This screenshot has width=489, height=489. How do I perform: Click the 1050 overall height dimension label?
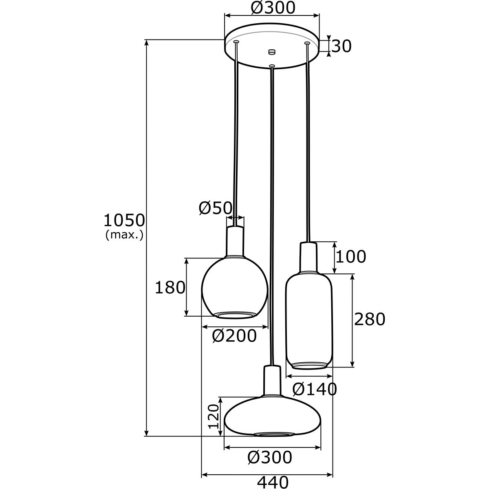tap(124, 221)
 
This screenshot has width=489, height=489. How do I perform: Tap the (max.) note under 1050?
tap(124, 235)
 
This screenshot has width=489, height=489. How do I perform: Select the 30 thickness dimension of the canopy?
tap(341, 46)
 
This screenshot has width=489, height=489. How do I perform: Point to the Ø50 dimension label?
tap(215, 208)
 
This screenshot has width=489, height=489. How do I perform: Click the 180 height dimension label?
tap(170, 288)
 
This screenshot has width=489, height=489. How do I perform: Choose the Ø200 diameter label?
tap(234, 336)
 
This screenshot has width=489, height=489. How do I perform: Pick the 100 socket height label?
tap(351, 257)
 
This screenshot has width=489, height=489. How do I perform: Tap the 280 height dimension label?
tap(369, 319)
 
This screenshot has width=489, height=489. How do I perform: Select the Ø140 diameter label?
tap(315, 390)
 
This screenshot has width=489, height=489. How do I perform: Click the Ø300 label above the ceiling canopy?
tap(273, 7)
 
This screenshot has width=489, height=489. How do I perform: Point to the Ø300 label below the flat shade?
tap(270, 458)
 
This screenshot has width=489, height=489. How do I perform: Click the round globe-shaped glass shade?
tap(234, 287)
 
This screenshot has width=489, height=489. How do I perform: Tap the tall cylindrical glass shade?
tap(309, 320)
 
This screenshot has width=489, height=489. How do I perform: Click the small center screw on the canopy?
tap(272, 52)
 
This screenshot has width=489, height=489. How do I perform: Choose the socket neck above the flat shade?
tap(272, 381)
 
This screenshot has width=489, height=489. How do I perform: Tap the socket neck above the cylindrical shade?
tap(308, 257)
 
